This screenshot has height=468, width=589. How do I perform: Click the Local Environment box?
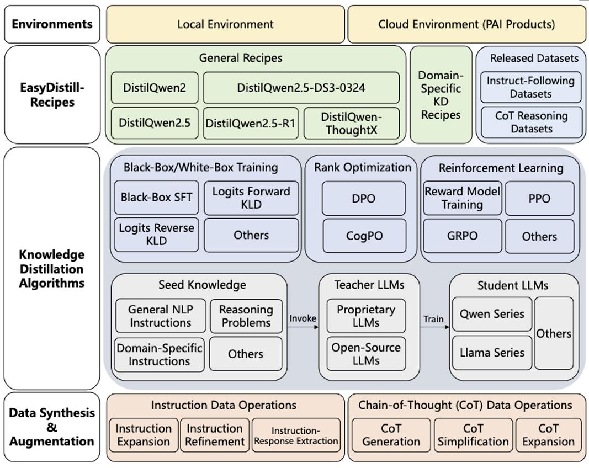click(x=225, y=24)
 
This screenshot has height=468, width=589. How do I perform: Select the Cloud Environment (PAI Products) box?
click(x=466, y=24)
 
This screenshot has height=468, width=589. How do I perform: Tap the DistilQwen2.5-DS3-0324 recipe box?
click(x=301, y=88)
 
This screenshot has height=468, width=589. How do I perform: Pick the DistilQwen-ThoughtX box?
click(x=351, y=123)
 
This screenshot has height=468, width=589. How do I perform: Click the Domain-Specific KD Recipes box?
click(x=441, y=95)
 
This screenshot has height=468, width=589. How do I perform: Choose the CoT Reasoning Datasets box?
click(x=531, y=123)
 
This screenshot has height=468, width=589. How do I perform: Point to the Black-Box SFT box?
click(x=156, y=198)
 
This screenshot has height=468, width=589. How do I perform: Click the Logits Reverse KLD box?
click(x=156, y=235)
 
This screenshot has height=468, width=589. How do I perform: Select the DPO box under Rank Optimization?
click(x=364, y=198)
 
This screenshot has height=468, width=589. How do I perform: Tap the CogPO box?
click(x=364, y=236)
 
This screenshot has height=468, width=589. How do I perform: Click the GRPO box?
click(x=463, y=236)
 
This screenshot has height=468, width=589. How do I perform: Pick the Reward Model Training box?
click(x=463, y=198)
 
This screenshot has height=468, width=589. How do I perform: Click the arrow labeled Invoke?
click(x=303, y=327)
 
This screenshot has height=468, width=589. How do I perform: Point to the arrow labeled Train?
click(x=434, y=327)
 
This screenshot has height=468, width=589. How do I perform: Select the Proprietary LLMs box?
click(x=366, y=316)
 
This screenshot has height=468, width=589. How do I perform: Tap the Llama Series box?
click(x=492, y=353)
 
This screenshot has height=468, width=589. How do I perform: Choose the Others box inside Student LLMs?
click(x=554, y=333)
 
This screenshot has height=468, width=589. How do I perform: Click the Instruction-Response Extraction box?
click(x=296, y=435)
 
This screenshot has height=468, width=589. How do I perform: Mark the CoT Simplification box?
click(x=473, y=435)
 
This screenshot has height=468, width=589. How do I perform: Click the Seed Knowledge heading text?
click(x=202, y=285)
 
